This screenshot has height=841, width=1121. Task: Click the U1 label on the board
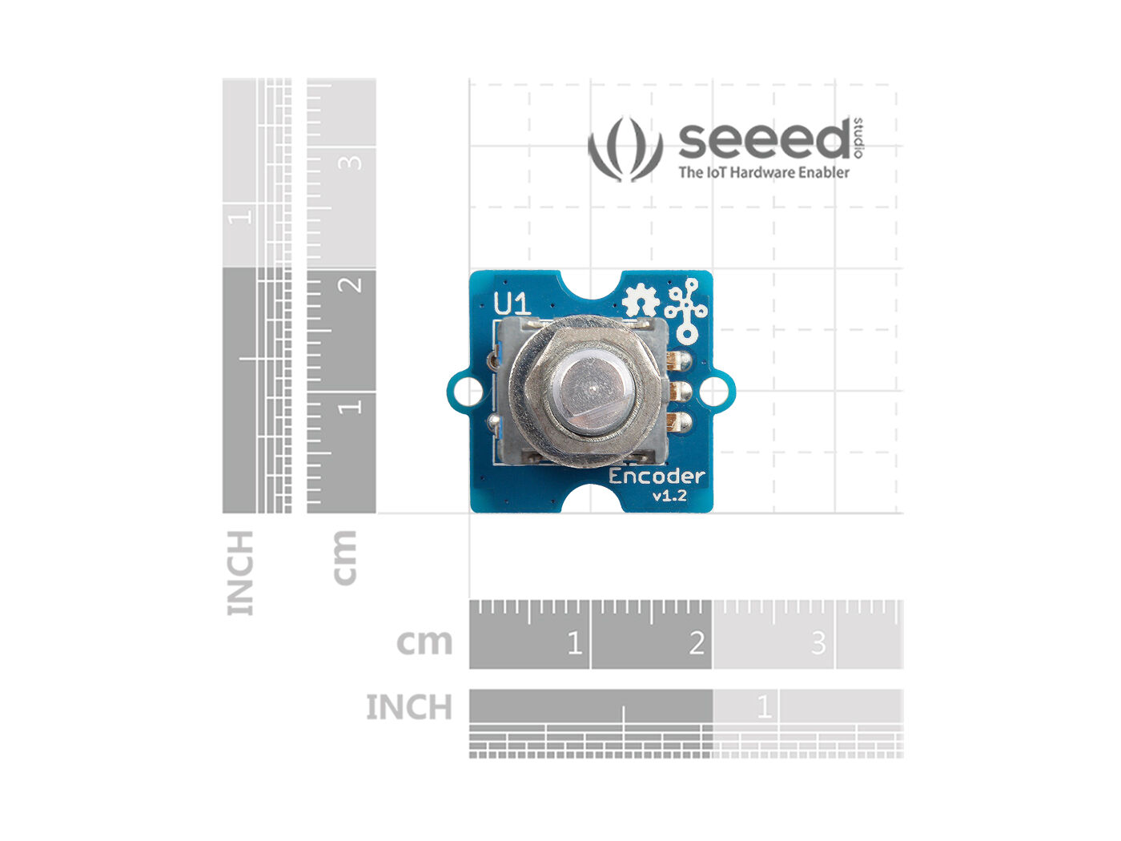(512, 304)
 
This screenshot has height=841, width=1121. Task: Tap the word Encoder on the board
(657, 476)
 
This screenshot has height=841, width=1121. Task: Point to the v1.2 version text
(669, 495)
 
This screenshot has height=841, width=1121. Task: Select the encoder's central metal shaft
(592, 389)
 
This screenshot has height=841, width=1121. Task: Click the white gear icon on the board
(641, 302)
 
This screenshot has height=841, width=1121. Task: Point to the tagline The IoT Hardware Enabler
(764, 172)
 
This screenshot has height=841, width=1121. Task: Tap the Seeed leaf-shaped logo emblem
(625, 149)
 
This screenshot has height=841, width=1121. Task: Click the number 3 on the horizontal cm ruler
(818, 643)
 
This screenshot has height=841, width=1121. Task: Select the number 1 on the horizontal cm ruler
(575, 643)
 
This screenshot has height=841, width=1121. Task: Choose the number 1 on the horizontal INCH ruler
(764, 706)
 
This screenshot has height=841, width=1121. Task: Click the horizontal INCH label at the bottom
(409, 707)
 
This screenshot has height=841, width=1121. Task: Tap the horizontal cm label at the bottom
(424, 642)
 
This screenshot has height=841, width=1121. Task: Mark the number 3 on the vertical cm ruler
(351, 163)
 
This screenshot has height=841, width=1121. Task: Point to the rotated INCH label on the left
(240, 573)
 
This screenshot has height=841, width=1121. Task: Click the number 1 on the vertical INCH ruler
(240, 217)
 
